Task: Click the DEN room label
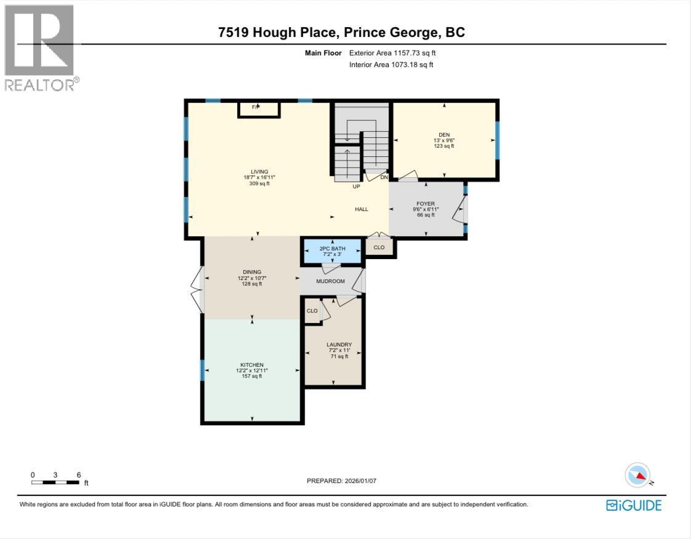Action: (x=444, y=135)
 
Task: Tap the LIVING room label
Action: (x=259, y=172)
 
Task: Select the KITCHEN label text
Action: (x=252, y=365)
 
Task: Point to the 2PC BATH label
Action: (x=333, y=249)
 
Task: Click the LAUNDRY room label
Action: (x=339, y=345)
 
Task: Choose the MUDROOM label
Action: (x=331, y=281)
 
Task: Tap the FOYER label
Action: (x=426, y=204)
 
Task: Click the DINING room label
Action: (x=252, y=272)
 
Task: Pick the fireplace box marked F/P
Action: (x=259, y=109)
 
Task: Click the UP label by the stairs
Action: (x=356, y=186)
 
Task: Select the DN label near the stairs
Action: (x=384, y=177)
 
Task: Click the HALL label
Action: (x=362, y=209)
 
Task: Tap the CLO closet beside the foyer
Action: (x=379, y=247)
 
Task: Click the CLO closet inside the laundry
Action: (x=312, y=311)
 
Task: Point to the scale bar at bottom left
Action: (x=55, y=482)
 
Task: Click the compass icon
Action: (x=637, y=475)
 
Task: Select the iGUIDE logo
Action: (x=634, y=505)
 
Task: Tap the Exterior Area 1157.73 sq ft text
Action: (x=392, y=53)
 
